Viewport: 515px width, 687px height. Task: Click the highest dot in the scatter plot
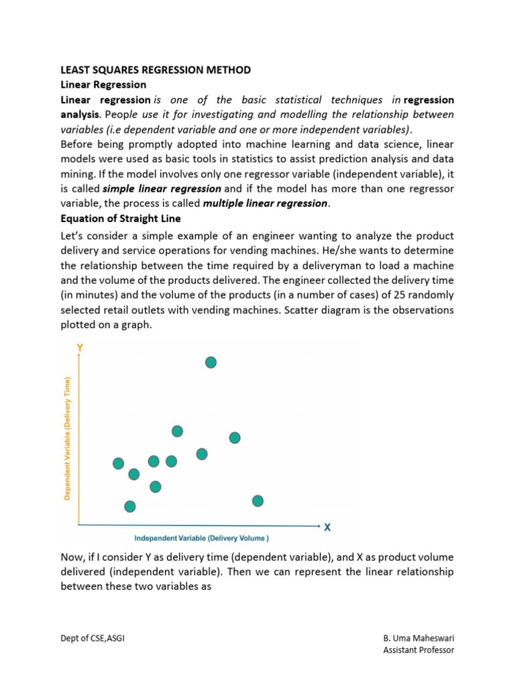tap(211, 362)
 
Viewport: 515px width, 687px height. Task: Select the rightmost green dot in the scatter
tap(257, 500)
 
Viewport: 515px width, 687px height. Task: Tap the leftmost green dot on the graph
tap(119, 463)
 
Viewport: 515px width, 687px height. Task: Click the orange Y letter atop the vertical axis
tap(80, 348)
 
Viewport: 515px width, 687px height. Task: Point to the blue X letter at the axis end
tap(327, 527)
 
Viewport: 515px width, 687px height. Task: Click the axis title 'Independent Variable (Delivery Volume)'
tap(202, 538)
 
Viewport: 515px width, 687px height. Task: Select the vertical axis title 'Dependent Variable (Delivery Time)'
tap(68, 437)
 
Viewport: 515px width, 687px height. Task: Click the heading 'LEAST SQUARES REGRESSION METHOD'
tap(156, 70)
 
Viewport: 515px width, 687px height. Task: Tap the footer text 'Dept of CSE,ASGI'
tap(93, 638)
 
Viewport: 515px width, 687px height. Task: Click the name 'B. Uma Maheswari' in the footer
tap(418, 638)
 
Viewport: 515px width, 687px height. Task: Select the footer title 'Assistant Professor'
tap(418, 650)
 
